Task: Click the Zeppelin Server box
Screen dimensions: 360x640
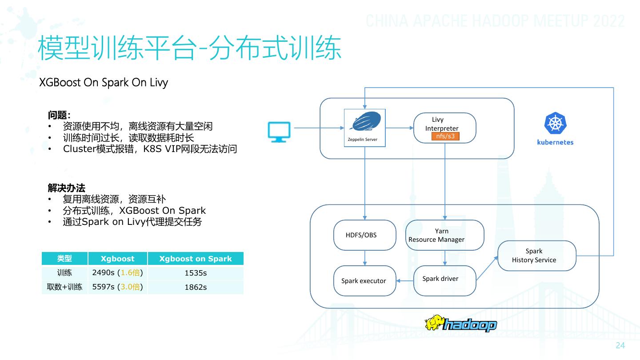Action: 365,128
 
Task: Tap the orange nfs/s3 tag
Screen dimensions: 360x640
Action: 445,136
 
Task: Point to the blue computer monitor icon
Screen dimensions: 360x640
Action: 279,132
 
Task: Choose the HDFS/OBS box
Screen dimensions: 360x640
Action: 364,235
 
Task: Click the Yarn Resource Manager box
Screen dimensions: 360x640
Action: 444,235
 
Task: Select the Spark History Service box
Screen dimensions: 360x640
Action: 536,256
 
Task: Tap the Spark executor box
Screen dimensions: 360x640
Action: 364,281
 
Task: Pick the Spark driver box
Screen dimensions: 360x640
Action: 444,279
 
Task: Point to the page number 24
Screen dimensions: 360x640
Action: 620,346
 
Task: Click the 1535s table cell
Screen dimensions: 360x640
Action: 196,273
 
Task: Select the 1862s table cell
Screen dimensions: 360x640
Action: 196,287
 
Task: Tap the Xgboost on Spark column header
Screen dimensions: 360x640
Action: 196,259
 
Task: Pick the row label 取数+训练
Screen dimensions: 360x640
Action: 65,287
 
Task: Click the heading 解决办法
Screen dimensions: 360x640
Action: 67,188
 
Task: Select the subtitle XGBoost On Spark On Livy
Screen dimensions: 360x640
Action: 104,83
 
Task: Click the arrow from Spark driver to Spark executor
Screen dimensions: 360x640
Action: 405,280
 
